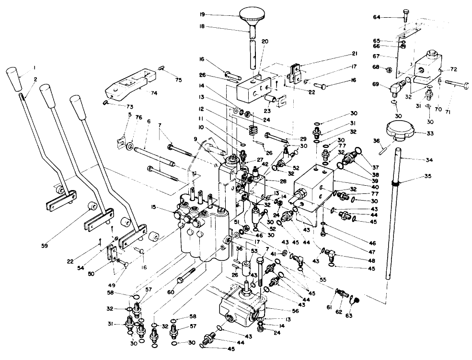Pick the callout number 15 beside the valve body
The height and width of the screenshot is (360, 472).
(167, 206)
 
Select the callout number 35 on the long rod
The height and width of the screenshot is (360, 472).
(427, 176)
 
